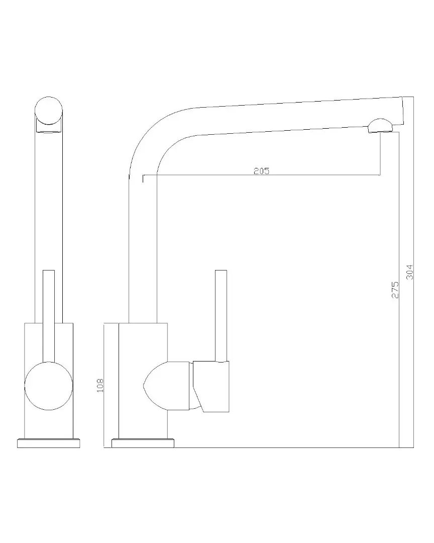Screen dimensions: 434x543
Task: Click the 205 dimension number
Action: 261,171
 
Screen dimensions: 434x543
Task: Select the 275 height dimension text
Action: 395,290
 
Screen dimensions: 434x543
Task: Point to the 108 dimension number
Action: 100,385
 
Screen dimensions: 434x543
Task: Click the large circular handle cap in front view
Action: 49,386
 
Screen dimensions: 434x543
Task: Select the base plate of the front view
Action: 48,443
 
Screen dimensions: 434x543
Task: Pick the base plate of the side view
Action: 143,443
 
